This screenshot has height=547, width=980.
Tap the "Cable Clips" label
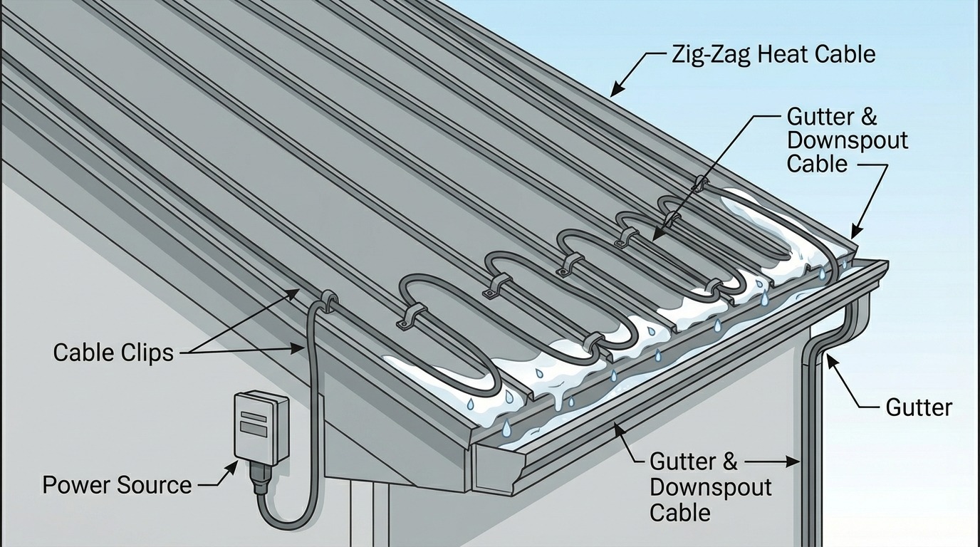pyautogui.click(x=113, y=352)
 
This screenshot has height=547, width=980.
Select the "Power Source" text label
pyautogui.click(x=117, y=485)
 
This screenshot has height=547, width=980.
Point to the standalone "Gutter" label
pyautogui.click(x=919, y=407)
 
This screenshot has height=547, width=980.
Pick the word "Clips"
pyautogui.click(x=148, y=352)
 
